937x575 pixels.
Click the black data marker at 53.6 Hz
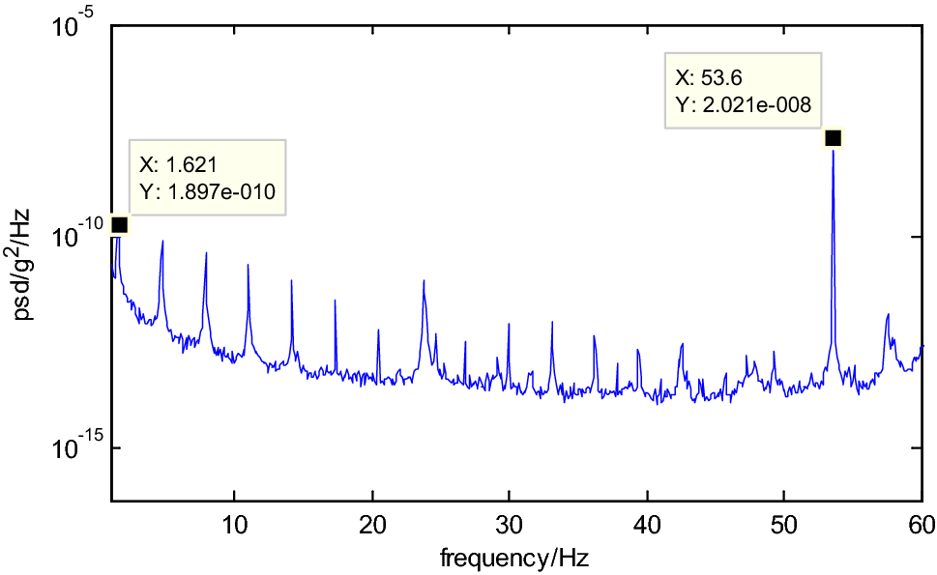[x=834, y=138]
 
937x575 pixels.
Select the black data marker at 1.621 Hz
[x=119, y=224]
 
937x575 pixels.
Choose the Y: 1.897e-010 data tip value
[x=208, y=191]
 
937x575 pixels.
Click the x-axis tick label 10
[x=233, y=526]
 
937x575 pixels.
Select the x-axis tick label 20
[x=371, y=526]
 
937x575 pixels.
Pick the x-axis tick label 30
[x=510, y=526]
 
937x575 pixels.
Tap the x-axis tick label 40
[x=647, y=526]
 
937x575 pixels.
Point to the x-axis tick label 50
[x=784, y=526]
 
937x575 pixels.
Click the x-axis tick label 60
[x=922, y=526]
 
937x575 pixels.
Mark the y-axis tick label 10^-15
[x=73, y=446]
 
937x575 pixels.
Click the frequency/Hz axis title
[x=514, y=558]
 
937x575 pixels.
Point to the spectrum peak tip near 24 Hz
[x=424, y=281]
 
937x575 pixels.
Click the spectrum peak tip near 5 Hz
[x=162, y=241]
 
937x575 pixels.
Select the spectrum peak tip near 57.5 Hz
[x=887, y=314]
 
